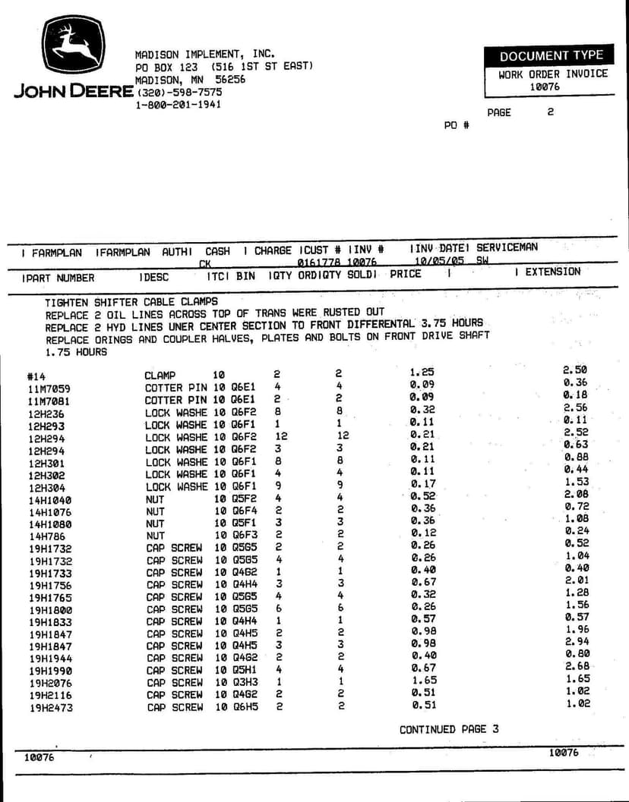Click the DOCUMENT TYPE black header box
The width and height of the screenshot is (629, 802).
pyautogui.click(x=551, y=55)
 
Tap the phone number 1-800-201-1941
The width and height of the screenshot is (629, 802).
pyautogui.click(x=178, y=104)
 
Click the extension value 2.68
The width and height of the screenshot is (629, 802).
pyautogui.click(x=577, y=666)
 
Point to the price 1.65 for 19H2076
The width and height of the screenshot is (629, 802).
pyautogui.click(x=423, y=682)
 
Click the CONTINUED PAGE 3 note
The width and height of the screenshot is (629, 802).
pyautogui.click(x=449, y=729)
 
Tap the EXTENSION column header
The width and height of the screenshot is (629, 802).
pyautogui.click(x=552, y=272)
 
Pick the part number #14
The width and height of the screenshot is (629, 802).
pyautogui.click(x=36, y=376)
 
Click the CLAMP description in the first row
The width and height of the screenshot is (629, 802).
pyautogui.click(x=160, y=375)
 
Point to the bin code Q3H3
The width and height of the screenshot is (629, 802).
pyautogui.click(x=245, y=682)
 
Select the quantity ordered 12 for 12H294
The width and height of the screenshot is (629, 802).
pyautogui.click(x=282, y=436)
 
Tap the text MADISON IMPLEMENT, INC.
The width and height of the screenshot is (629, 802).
pyautogui.click(x=204, y=55)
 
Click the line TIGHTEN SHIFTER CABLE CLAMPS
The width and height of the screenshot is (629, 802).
pyautogui.click(x=131, y=301)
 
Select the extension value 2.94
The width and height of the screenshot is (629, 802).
pyautogui.click(x=577, y=642)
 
